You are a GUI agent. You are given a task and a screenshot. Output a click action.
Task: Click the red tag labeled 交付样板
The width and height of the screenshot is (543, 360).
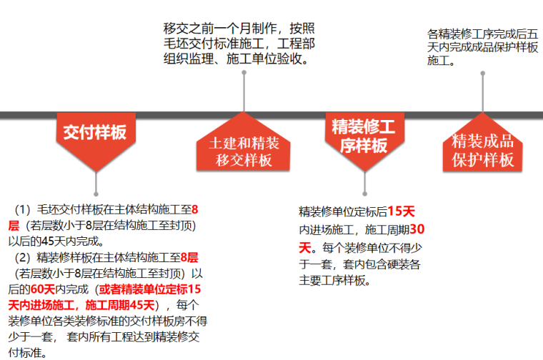click(x=95, y=134)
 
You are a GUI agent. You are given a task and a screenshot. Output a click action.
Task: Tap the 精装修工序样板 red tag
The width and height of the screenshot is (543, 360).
click(x=364, y=136)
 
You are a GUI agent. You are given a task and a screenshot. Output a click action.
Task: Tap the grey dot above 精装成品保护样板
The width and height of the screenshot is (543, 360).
click(x=482, y=74)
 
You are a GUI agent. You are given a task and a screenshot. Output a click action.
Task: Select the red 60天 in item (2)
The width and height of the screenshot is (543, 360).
click(x=42, y=289)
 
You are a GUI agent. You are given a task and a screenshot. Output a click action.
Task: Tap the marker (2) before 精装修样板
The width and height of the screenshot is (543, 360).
click(x=24, y=257)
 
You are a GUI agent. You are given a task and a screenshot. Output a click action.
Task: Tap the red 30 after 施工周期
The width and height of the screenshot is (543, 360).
click(x=417, y=229)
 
